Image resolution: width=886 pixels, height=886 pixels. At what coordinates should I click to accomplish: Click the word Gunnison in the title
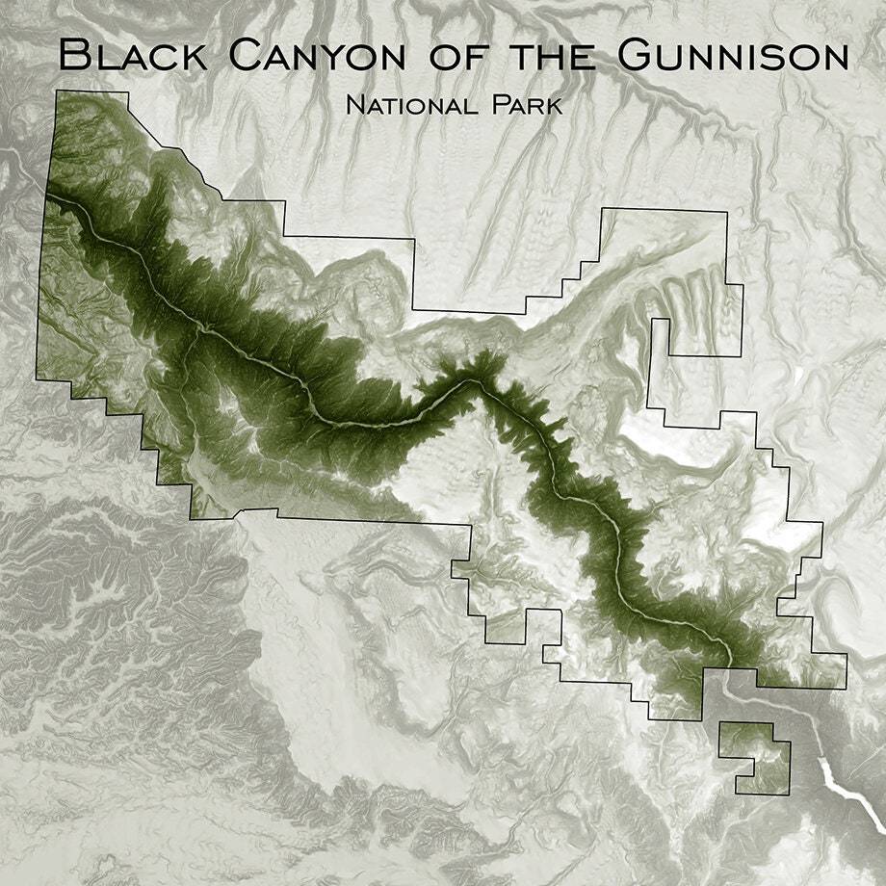[732, 56]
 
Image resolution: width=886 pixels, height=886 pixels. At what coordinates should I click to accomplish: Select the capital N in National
[353, 105]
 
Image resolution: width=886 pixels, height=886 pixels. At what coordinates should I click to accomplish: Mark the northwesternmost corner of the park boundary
[57, 91]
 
